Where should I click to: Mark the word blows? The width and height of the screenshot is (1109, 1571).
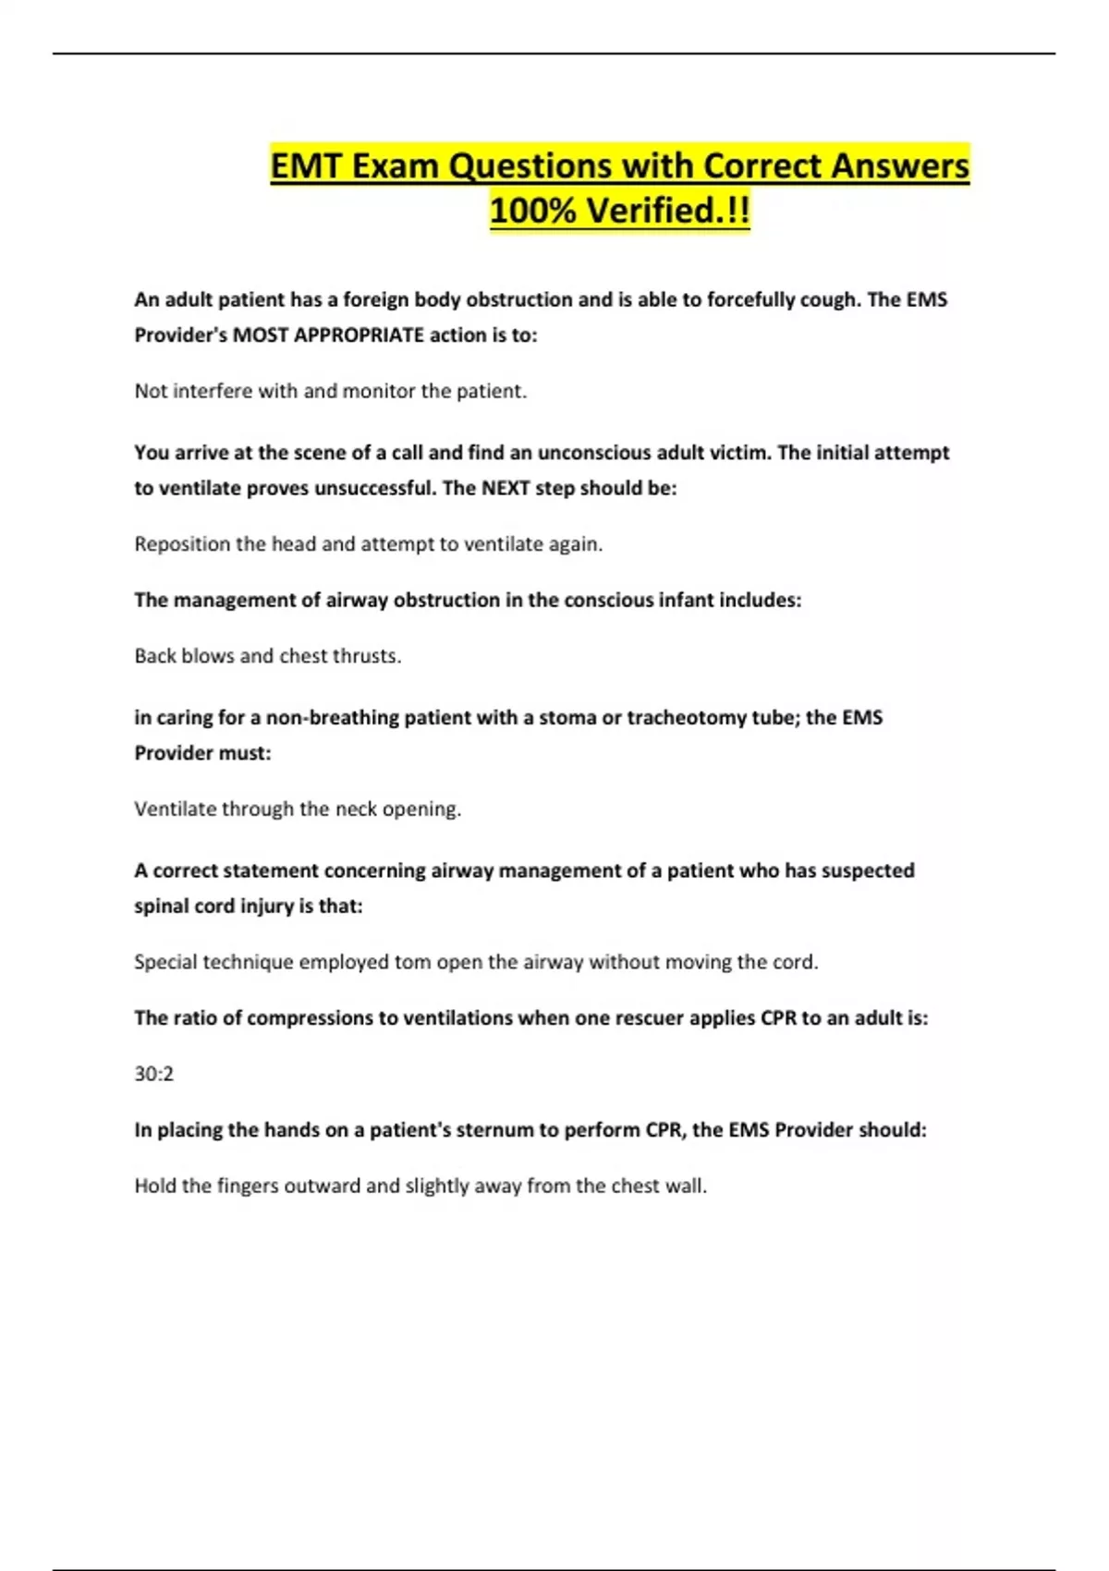pos(208,656)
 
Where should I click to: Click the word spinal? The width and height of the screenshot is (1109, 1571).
pos(161,906)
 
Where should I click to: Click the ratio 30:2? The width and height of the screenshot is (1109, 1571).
pos(153,1074)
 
